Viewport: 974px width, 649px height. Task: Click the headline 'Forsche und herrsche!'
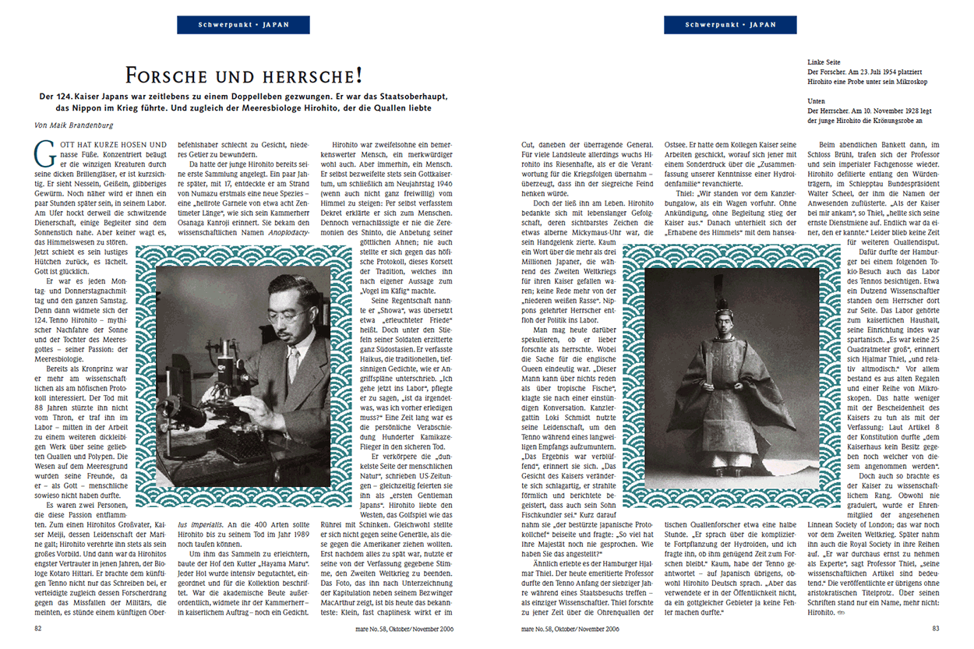[x=243, y=76]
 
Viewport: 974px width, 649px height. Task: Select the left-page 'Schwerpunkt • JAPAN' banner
[x=243, y=25]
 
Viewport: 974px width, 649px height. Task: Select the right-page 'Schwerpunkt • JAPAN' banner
[x=730, y=25]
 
